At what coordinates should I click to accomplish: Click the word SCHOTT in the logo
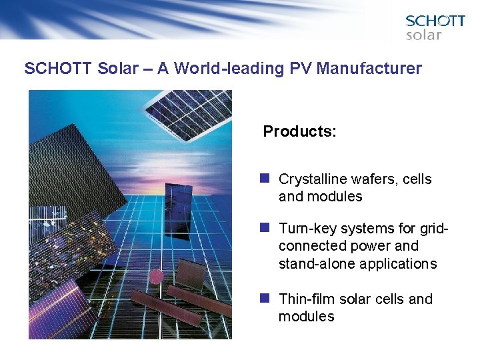point(435,21)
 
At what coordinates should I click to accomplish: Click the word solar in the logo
point(424,35)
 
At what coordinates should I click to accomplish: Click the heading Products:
point(299,131)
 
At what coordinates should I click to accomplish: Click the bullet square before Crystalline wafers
point(265,179)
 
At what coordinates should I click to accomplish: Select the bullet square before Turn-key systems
point(265,228)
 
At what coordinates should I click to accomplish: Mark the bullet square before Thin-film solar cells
point(265,299)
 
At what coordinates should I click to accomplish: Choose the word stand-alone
point(317,263)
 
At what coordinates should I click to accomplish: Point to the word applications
point(398,263)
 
